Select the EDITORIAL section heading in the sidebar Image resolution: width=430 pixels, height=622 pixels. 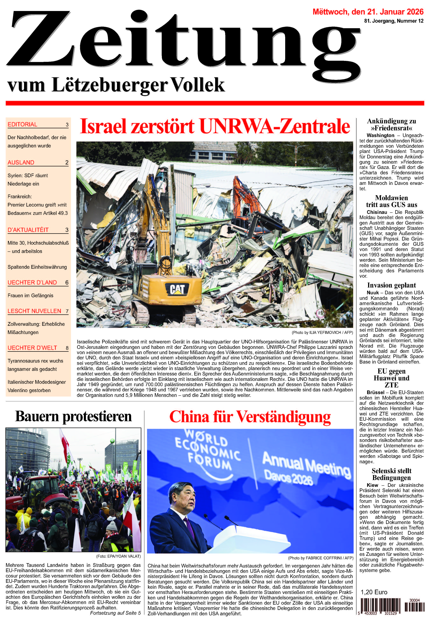coord(22,124)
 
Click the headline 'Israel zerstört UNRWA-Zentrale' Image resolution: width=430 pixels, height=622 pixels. coord(215,127)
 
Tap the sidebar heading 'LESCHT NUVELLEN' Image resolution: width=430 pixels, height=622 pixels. coord(34,311)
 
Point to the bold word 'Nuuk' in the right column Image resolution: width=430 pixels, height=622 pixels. coord(372,293)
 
